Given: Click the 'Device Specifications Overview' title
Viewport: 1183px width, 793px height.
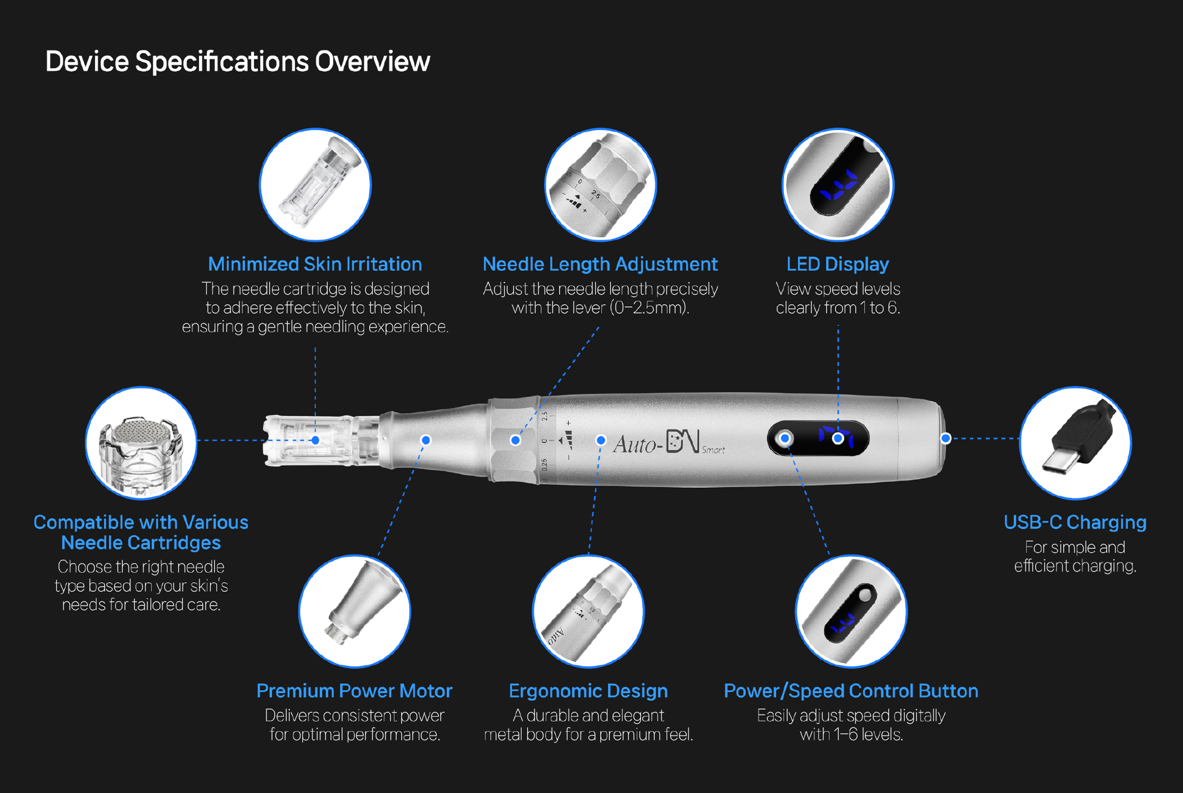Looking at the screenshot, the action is point(237,62).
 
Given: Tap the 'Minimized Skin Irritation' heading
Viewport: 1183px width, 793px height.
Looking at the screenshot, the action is point(315,264).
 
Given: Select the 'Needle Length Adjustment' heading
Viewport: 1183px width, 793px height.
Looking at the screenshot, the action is point(600,264).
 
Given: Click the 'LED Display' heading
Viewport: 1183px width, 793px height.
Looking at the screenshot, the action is point(837,264).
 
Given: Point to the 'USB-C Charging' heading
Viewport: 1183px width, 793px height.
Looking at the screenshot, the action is point(1075,522).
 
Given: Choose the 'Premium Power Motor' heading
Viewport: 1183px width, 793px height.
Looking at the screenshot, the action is point(354,691).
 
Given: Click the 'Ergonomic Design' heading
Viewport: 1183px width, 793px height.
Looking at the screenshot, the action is point(588,691).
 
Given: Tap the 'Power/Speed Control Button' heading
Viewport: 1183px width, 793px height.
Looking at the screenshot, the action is point(851,691).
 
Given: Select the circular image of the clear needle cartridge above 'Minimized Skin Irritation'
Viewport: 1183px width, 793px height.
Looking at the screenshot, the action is point(315,185).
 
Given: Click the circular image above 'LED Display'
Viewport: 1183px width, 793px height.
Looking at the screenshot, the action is point(838,185).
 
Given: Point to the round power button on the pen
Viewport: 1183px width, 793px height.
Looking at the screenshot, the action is point(785,438).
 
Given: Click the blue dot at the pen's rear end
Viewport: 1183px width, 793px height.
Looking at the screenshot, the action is point(946,438).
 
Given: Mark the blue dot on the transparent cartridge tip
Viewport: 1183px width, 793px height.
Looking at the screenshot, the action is point(315,440).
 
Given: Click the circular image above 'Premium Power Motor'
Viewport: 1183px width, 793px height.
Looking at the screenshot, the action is point(355,611).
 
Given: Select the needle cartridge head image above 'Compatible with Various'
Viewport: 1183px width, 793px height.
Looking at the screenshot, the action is point(141,443).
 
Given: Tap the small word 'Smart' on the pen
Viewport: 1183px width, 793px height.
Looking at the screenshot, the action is point(713,450).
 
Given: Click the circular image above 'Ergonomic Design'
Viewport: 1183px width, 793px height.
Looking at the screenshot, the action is point(588,611).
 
